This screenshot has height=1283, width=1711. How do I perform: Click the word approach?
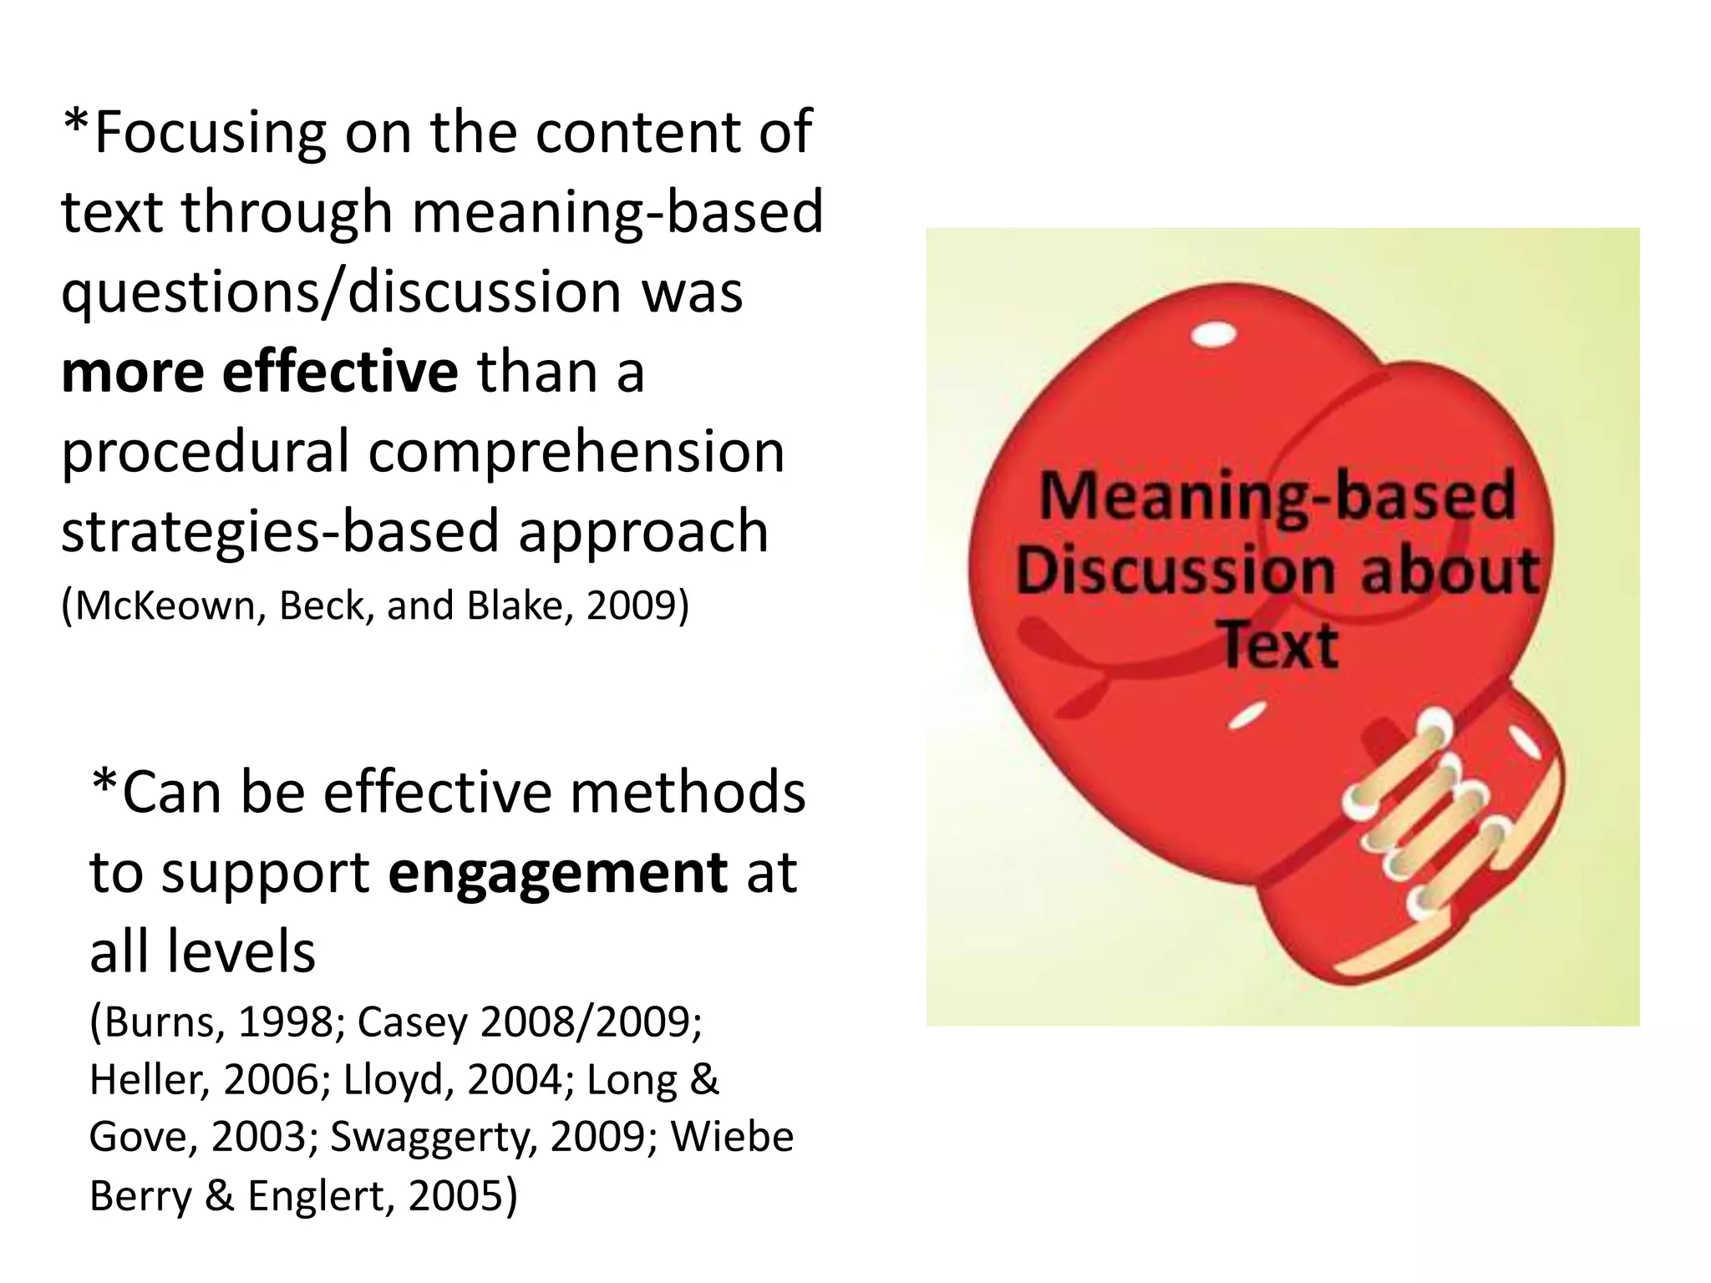tap(643, 533)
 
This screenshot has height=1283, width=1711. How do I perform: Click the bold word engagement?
tap(558, 873)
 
